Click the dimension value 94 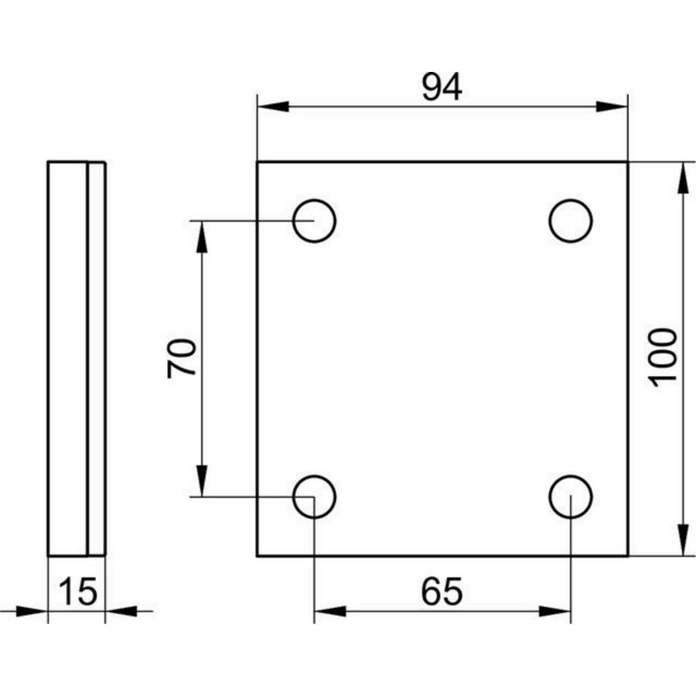point(442,87)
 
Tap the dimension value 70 point(182,358)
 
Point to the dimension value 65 point(442,592)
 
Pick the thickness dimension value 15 point(77,592)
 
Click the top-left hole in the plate point(314,220)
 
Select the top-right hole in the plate point(571,220)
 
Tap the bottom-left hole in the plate point(314,496)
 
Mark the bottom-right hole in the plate point(571,496)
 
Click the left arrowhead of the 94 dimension point(273,107)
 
